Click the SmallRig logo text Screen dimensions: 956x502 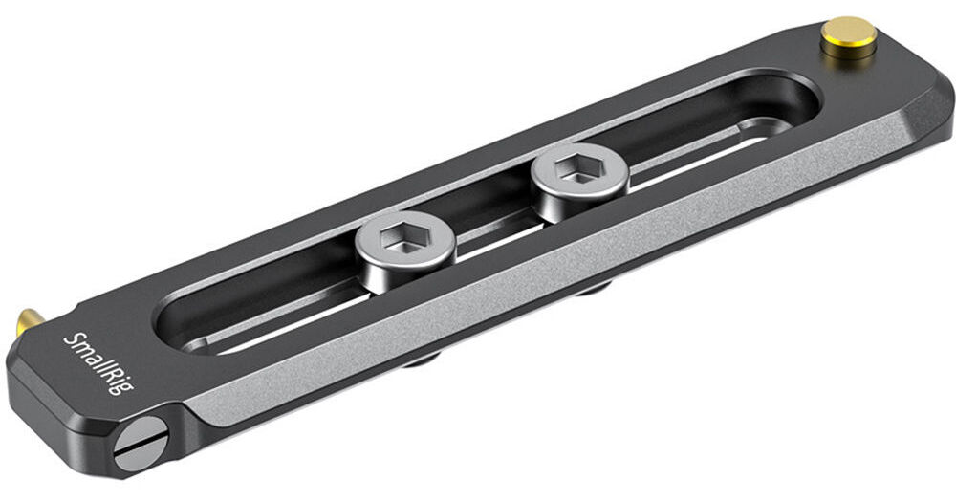click(x=98, y=363)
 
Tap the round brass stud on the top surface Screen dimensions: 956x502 click(x=849, y=37)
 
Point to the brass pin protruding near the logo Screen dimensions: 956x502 click(x=29, y=321)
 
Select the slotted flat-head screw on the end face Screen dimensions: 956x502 click(x=140, y=444)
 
